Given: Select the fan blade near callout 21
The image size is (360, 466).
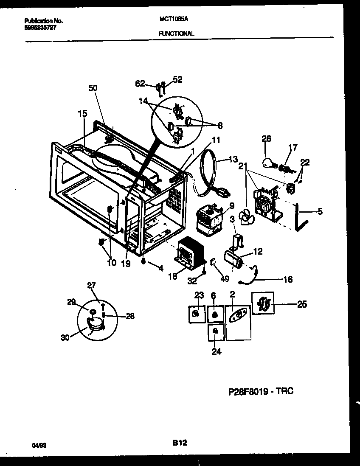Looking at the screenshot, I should (x=245, y=217).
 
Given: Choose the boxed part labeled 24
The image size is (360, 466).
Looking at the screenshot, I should (x=216, y=331).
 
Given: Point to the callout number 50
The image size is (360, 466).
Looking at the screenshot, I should (x=93, y=88).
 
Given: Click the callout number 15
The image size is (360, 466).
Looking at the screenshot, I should (x=82, y=113).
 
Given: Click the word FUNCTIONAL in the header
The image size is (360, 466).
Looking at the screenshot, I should (x=177, y=33).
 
